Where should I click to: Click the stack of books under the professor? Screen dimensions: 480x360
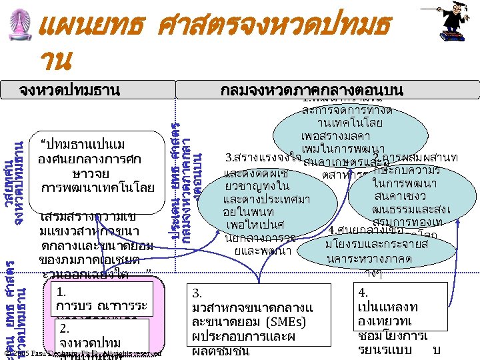(452, 41)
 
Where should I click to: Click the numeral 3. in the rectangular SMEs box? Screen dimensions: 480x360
(197, 293)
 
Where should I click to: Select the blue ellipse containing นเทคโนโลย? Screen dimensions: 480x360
(350, 125)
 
